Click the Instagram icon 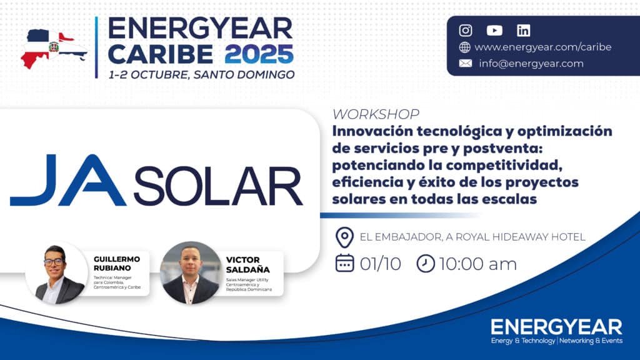pyautogui.click(x=465, y=31)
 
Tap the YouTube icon pyautogui.click(x=494, y=31)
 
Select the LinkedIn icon pyautogui.click(x=523, y=31)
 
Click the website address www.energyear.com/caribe pyautogui.click(x=543, y=47)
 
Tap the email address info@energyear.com pyautogui.click(x=531, y=64)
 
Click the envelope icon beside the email pyautogui.click(x=465, y=63)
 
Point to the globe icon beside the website pyautogui.click(x=465, y=47)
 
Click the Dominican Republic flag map pyautogui.click(x=54, y=49)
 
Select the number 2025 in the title pyautogui.click(x=259, y=54)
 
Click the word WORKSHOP pyautogui.click(x=376, y=114)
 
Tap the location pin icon pyautogui.click(x=344, y=237)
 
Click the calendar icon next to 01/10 pyautogui.click(x=344, y=263)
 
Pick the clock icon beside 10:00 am pyautogui.click(x=425, y=264)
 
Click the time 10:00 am pyautogui.click(x=478, y=264)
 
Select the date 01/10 pyautogui.click(x=381, y=264)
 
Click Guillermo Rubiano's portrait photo pyautogui.click(x=57, y=273)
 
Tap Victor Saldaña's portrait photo pyautogui.click(x=191, y=273)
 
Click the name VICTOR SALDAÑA pyautogui.click(x=247, y=264)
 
